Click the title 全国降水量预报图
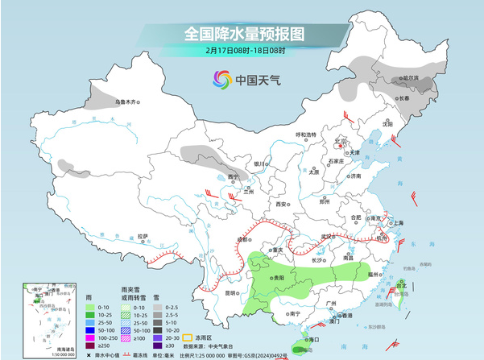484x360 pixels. (245, 33)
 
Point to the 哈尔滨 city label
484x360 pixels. (411, 78)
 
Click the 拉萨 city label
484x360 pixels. (143, 236)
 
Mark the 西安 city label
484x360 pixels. (282, 205)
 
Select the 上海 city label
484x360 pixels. (396, 222)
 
